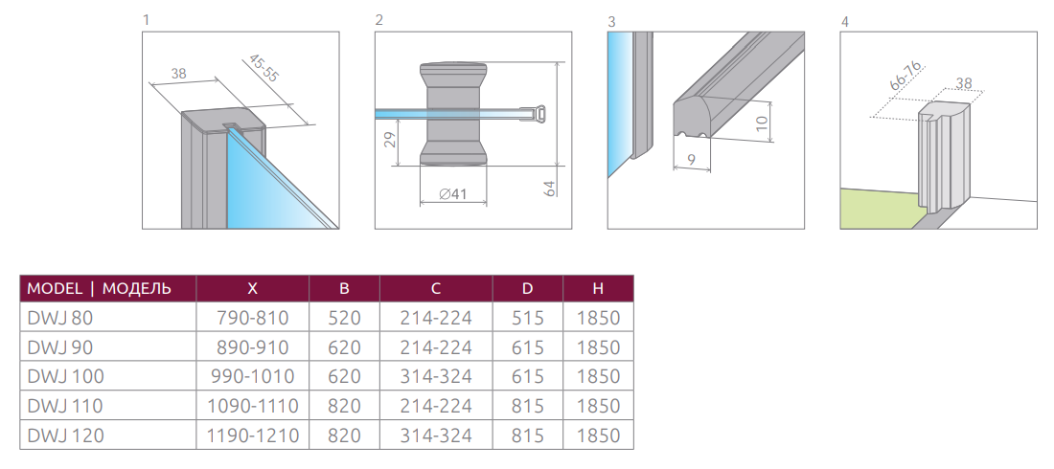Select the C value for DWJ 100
[436, 376]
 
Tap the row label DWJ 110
[65, 406]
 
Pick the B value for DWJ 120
[344, 435]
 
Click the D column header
[528, 288]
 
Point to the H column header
[598, 288]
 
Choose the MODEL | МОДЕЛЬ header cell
[99, 288]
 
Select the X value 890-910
[252, 347]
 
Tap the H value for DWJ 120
[598, 435]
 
